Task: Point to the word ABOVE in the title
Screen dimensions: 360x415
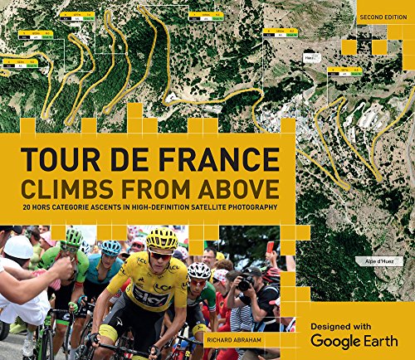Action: coord(237,183)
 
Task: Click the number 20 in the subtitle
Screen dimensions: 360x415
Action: coord(27,207)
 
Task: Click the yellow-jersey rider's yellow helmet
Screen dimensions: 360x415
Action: coord(162,239)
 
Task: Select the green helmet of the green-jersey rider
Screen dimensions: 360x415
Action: coord(74,238)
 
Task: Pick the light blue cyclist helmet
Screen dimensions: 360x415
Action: coord(110,248)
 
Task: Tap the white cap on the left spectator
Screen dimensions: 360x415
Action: coord(18,246)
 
